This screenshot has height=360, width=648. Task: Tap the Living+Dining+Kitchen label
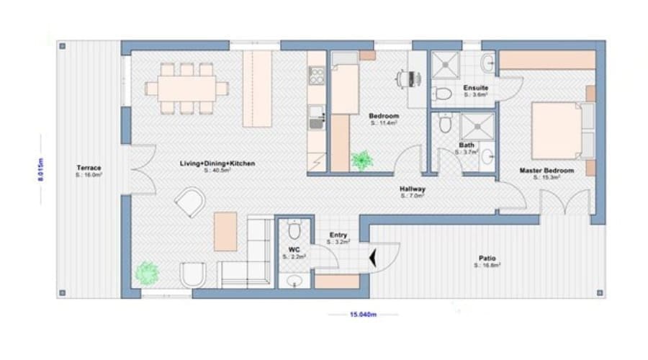(217, 163)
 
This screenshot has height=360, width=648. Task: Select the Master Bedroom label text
(546, 171)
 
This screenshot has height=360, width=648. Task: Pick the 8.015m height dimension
(41, 171)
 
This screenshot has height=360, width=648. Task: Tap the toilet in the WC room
(294, 230)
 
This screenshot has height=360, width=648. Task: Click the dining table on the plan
(186, 88)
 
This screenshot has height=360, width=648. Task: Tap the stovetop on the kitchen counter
(316, 75)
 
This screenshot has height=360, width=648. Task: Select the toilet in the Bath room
(444, 125)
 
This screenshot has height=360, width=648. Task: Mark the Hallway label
(413, 189)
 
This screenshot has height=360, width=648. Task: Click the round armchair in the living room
(190, 201)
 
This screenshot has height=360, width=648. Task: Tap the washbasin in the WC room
(294, 280)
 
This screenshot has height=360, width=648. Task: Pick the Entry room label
(338, 235)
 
